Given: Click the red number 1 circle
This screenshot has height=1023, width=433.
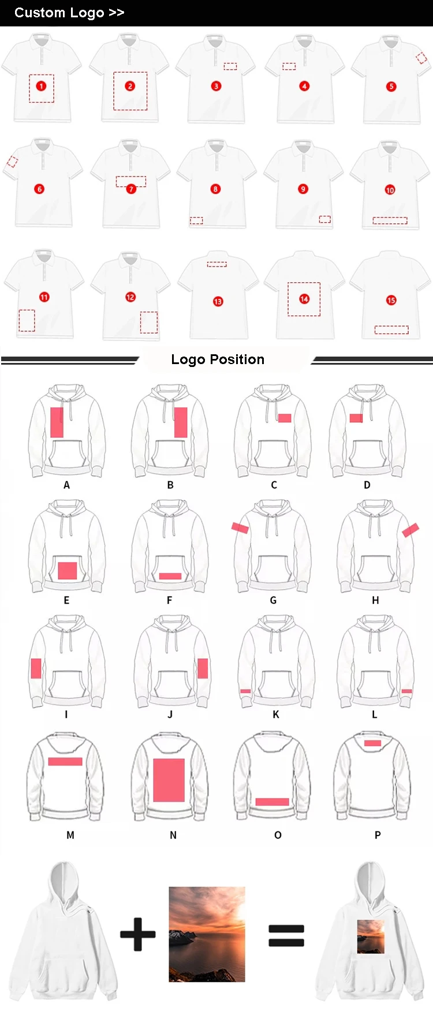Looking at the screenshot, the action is [41, 86].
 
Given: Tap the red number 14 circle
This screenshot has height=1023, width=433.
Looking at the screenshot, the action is [304, 298].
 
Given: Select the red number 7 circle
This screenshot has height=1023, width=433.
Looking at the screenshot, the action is [131, 189].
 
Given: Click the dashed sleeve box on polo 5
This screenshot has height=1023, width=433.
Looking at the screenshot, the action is [421, 58].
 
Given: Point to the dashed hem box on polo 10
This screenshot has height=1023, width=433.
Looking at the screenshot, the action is [390, 220].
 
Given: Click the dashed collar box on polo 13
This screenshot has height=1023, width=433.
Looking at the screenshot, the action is [217, 264].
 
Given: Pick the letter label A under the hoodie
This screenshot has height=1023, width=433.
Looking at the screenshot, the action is [66, 485].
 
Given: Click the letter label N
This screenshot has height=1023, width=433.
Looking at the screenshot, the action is [173, 835].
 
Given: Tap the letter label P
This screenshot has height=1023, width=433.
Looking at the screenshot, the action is [378, 835].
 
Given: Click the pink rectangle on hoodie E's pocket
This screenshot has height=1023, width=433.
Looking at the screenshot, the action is [68, 571].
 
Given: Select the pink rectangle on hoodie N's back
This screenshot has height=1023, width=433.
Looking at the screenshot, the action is [169, 780].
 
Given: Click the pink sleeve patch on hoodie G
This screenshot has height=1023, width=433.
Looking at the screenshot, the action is [240, 527].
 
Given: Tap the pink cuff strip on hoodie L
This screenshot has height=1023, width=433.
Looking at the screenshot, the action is [406, 691].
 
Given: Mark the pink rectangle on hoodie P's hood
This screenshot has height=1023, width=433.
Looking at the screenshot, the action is [372, 743].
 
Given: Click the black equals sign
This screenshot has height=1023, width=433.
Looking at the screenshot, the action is [286, 935].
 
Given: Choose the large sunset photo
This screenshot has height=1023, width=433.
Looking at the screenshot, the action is [207, 934].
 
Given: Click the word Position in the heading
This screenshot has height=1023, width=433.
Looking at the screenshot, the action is [237, 359].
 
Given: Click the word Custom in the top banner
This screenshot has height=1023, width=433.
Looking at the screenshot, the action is [40, 13].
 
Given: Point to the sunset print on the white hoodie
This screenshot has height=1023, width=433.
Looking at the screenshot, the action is [371, 937].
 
